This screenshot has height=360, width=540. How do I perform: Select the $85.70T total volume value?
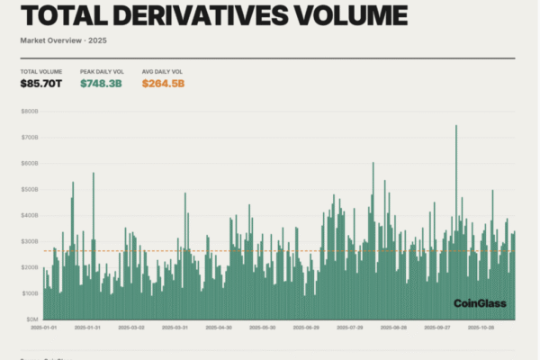pyautogui.click(x=41, y=85)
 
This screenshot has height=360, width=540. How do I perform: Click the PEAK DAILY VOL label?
pyautogui.click(x=101, y=71)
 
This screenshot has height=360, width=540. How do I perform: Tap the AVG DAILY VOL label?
pyautogui.click(x=161, y=71)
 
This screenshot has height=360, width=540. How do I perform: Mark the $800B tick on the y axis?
pyautogui.click(x=30, y=112)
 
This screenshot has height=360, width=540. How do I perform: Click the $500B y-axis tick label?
pyautogui.click(x=30, y=190)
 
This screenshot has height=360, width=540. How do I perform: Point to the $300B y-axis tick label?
pyautogui.click(x=30, y=242)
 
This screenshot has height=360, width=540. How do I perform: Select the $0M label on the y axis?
pyautogui.click(x=31, y=319)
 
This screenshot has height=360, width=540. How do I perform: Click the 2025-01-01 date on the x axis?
pyautogui.click(x=41, y=328)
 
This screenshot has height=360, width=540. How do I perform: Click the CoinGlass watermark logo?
pyautogui.click(x=480, y=303)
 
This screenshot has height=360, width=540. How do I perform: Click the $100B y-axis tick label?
pyautogui.click(x=30, y=293)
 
